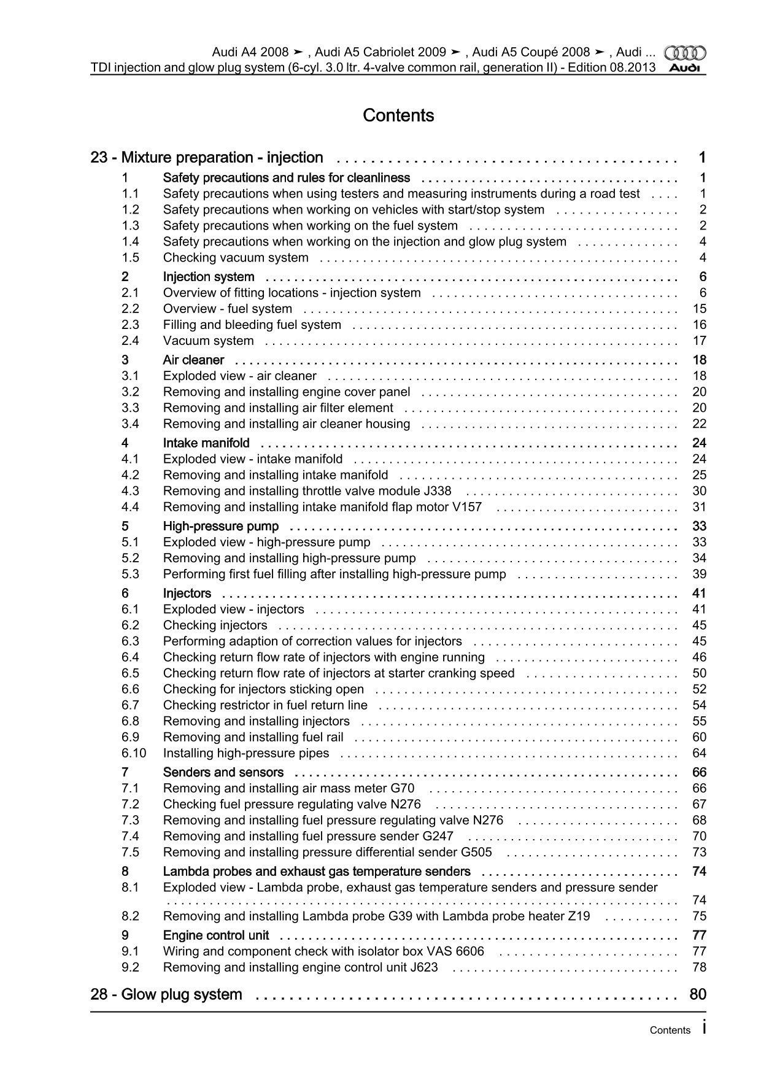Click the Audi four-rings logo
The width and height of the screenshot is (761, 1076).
click(685, 53)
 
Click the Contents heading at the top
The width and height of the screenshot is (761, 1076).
click(398, 115)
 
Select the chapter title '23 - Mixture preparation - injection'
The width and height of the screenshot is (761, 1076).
click(207, 158)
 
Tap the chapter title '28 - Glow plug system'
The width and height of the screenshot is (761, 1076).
click(166, 994)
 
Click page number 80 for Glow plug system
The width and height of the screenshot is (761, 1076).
click(698, 994)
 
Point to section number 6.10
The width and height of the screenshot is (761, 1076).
click(134, 753)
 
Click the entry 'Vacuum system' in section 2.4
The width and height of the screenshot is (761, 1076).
click(208, 341)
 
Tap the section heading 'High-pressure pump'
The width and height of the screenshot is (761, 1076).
click(221, 526)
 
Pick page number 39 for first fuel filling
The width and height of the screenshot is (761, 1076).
click(699, 574)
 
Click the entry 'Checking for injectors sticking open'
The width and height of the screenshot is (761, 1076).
click(263, 689)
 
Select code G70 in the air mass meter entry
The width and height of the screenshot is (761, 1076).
click(402, 788)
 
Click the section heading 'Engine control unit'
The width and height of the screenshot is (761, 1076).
click(216, 935)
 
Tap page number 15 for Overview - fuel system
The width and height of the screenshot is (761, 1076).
click(699, 309)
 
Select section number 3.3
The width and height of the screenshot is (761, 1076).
click(130, 408)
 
